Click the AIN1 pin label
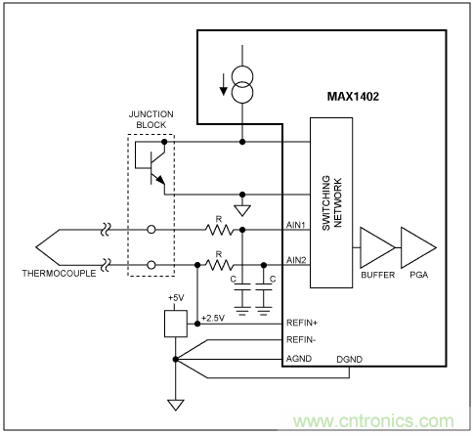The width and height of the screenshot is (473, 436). click(x=296, y=224)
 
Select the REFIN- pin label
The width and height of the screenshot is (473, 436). click(x=300, y=341)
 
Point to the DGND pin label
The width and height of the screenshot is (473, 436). click(x=349, y=359)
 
